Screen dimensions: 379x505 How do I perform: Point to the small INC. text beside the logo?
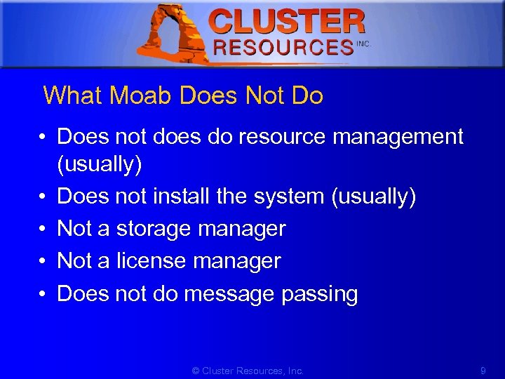click(363, 44)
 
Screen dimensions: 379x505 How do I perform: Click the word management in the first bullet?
click(398, 136)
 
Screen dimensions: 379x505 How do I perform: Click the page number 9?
click(483, 370)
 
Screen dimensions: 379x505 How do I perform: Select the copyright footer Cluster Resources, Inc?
click(248, 370)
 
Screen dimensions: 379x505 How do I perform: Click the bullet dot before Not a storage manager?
click(44, 229)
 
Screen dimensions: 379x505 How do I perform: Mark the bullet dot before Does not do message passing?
click(44, 293)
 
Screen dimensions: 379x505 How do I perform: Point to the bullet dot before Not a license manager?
click(44, 261)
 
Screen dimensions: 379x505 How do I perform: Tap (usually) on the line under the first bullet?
click(100, 165)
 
